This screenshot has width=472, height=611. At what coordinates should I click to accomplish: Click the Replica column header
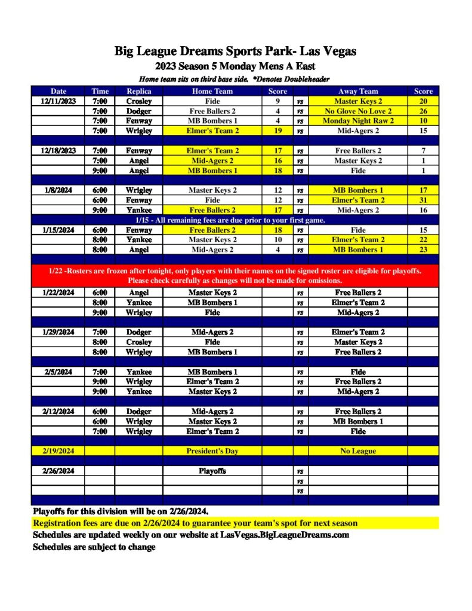(138, 91)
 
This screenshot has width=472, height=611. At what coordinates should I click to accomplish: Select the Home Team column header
(212, 91)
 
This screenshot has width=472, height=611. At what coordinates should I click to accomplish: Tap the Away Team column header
(358, 91)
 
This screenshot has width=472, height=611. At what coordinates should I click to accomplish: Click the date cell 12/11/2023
(58, 101)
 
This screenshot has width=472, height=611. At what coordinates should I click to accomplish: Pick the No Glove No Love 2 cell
(358, 111)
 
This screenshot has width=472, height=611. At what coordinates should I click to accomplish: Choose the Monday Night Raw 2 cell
(358, 121)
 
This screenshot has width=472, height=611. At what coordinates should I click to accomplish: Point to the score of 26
(423, 111)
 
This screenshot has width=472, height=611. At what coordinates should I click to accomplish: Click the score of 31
(423, 200)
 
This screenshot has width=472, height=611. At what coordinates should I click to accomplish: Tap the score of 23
(423, 250)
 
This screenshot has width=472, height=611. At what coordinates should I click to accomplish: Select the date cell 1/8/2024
(58, 190)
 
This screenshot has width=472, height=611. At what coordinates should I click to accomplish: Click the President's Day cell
(212, 451)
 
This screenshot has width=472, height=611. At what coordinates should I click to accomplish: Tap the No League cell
(358, 451)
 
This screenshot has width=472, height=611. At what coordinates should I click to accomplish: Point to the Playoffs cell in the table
(212, 471)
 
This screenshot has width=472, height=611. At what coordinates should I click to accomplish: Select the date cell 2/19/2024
(58, 451)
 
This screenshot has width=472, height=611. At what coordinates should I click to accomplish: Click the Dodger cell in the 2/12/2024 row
(138, 411)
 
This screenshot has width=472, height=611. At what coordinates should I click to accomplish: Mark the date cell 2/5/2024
(58, 372)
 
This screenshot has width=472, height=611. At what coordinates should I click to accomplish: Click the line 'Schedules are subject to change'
(94, 547)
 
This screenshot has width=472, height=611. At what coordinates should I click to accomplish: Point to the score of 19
(277, 131)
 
